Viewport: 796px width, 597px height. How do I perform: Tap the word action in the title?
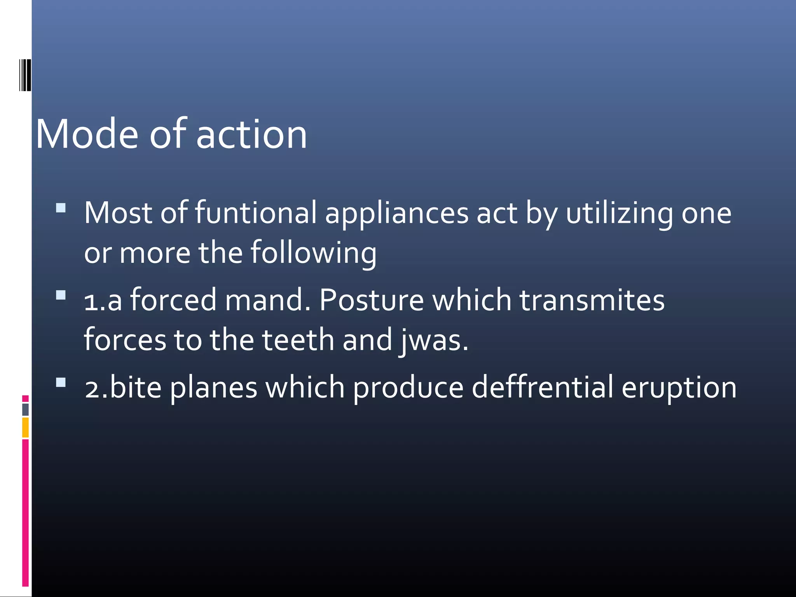coord(251,134)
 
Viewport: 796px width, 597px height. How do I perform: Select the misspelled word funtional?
coord(256,213)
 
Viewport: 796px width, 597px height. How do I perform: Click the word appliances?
coord(397,214)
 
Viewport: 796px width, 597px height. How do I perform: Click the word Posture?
coord(371,300)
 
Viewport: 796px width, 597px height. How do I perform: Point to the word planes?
coord(213,388)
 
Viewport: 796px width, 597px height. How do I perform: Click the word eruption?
coord(679,388)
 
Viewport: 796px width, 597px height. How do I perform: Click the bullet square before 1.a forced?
coord(61,295)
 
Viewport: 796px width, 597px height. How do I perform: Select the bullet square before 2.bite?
coord(61,383)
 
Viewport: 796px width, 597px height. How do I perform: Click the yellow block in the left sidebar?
coord(25,427)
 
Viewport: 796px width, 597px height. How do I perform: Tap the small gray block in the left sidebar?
coord(25,409)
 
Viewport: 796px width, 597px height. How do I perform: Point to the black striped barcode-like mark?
coord(25,75)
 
